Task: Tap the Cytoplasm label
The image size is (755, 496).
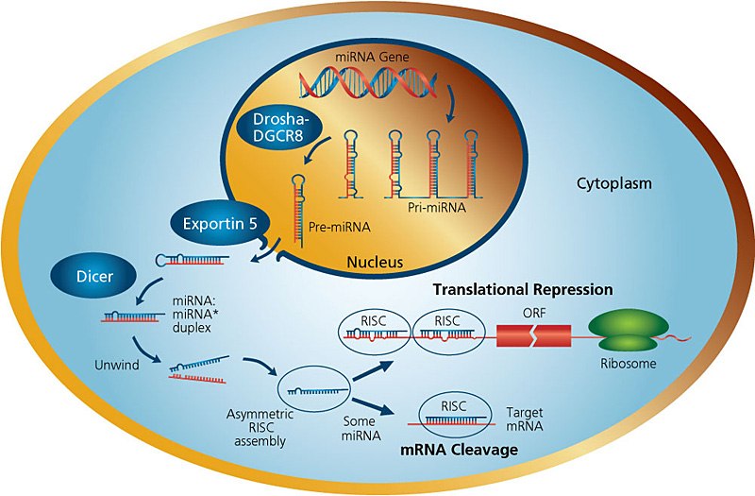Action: pyautogui.click(x=615, y=181)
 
